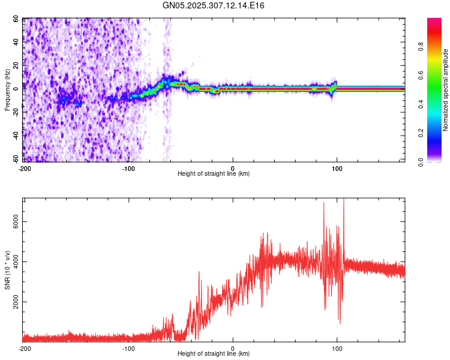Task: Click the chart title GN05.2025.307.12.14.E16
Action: pyautogui.click(x=214, y=5)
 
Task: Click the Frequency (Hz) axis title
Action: pyautogui.click(x=7, y=90)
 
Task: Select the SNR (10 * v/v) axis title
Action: pyautogui.click(x=7, y=271)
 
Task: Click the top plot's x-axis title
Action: pyautogui.click(x=214, y=173)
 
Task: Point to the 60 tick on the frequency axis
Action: pyautogui.click(x=16, y=19)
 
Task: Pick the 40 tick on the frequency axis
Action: pyautogui.click(x=16, y=43)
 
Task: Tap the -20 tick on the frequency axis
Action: pyautogui.click(x=15, y=113)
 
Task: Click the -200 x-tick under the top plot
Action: pyautogui.click(x=25, y=167)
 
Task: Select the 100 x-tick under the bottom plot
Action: pyautogui.click(x=337, y=347)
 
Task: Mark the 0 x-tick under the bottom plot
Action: pyautogui.click(x=233, y=347)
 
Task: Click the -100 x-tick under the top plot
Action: pyautogui.click(x=128, y=167)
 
